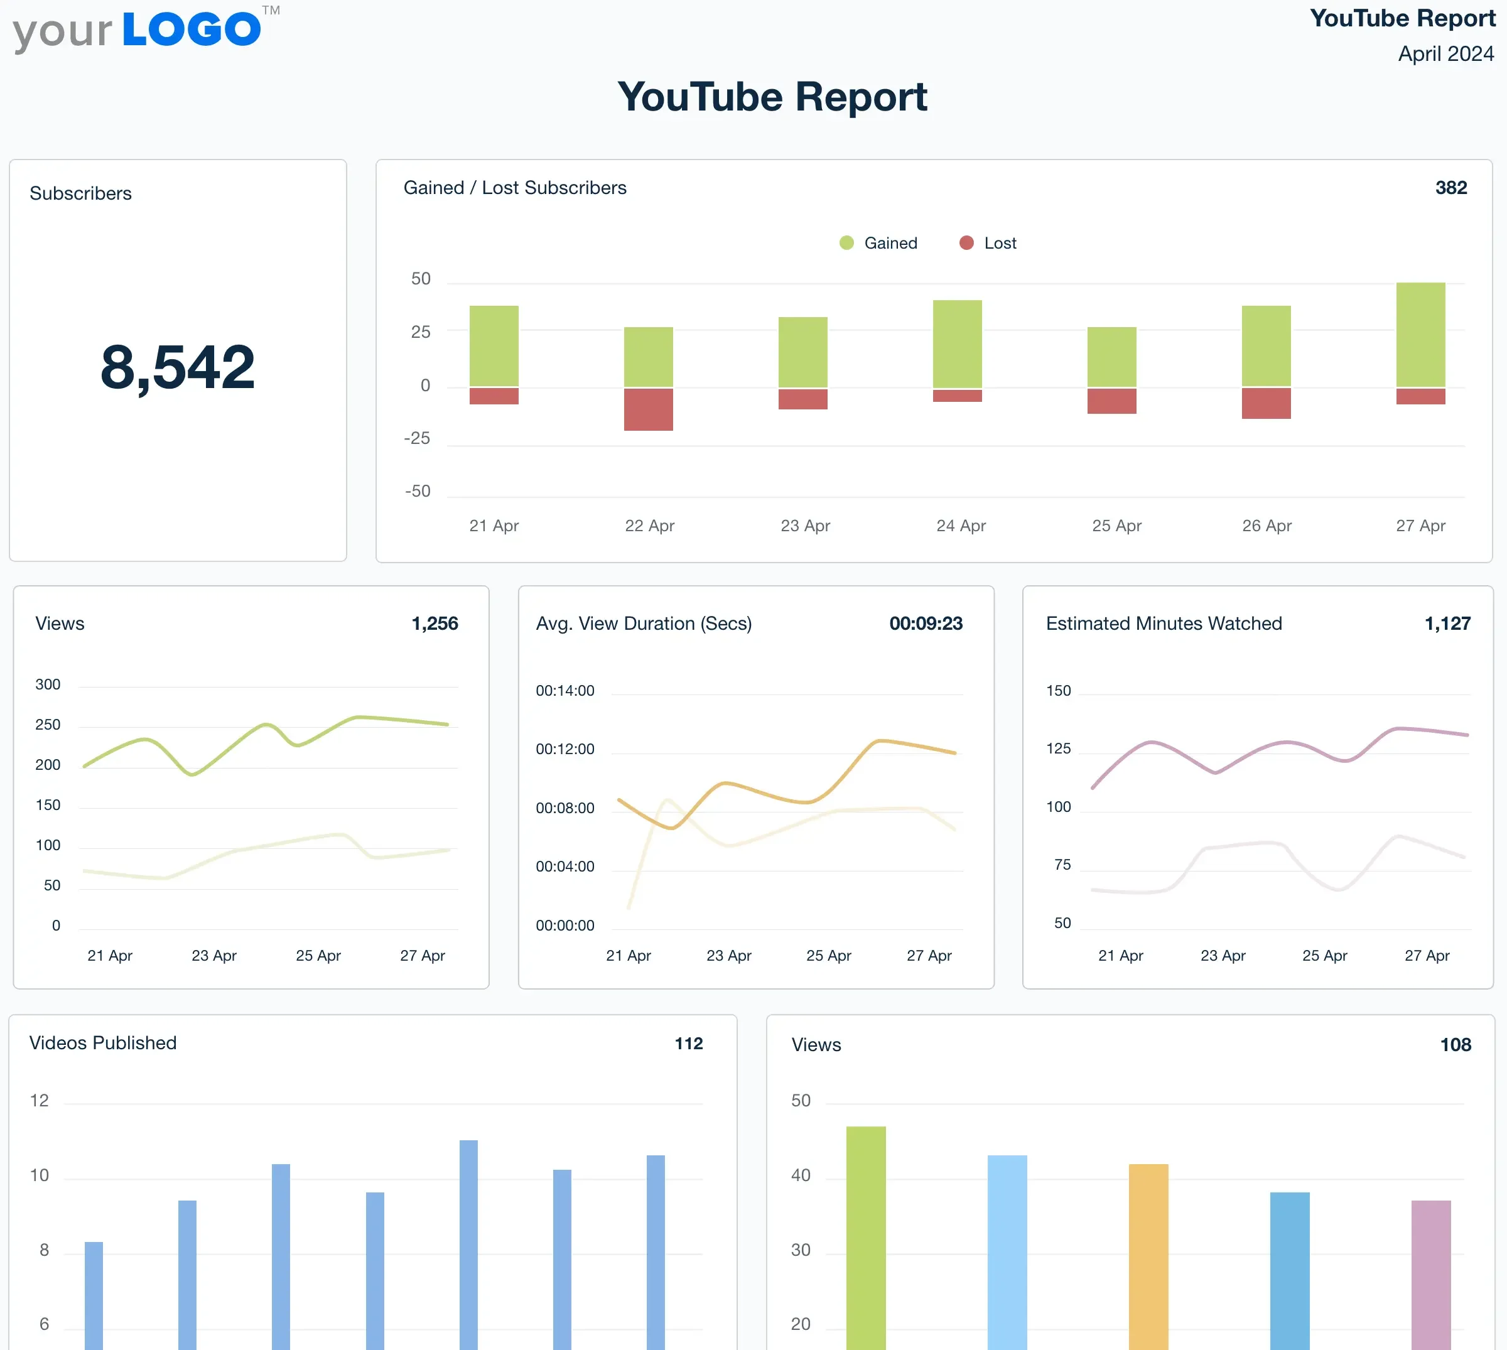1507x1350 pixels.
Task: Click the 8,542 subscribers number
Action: pos(177,367)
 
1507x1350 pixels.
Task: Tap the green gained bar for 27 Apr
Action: pos(1420,334)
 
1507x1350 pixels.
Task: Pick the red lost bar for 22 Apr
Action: pos(648,409)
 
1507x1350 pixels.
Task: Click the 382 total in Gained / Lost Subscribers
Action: pos(1450,188)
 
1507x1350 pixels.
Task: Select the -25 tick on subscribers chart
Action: pos(417,438)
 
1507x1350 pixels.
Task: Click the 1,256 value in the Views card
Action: pos(435,623)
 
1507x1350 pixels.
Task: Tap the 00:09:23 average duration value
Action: pos(926,623)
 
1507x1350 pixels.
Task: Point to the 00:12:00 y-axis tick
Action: pos(565,749)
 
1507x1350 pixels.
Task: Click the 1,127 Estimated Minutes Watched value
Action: pos(1447,623)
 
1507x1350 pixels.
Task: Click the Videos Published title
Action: pos(103,1043)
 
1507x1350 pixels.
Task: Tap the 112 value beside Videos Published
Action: pos(688,1044)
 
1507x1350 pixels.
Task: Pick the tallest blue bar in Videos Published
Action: pos(468,1246)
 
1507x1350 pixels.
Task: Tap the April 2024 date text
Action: pos(1445,53)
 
